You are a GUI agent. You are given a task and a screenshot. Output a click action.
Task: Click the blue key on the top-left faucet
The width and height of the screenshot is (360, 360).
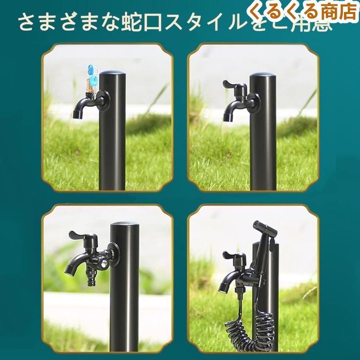pos(91,75)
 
